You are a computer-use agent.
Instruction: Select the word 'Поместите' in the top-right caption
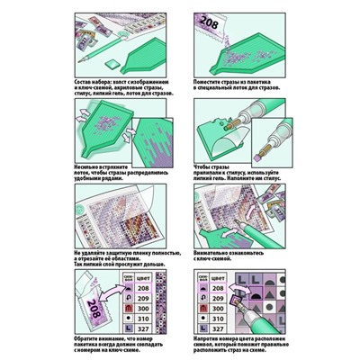click(212, 80)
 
